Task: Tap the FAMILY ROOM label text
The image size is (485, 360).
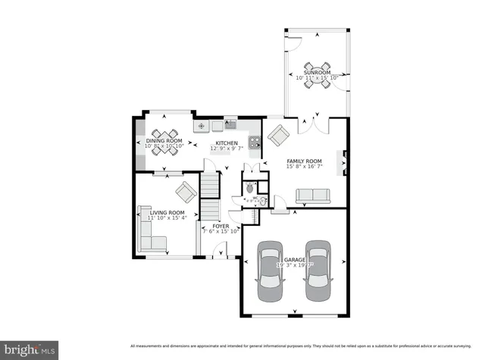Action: (304, 161)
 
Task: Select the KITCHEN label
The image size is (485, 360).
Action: (227, 143)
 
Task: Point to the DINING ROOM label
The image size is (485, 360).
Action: (164, 141)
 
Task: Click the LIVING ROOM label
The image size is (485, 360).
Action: (167, 213)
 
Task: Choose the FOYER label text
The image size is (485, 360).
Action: (221, 226)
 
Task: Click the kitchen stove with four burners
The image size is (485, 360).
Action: (252, 140)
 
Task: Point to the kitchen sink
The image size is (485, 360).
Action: (230, 124)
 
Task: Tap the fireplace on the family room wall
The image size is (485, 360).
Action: (346, 162)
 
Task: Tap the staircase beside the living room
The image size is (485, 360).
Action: (210, 196)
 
